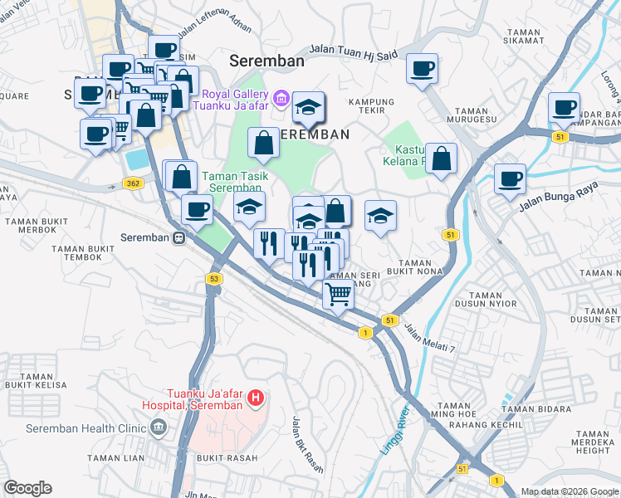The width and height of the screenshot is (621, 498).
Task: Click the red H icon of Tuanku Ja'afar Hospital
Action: tap(257, 398)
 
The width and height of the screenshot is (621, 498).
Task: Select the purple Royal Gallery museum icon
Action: tap(281, 100)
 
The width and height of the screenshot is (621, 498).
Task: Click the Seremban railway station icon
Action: tap(178, 237)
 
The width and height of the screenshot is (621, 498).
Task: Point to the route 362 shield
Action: tap(132, 183)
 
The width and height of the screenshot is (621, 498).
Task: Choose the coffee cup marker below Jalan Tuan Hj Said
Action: tap(423, 69)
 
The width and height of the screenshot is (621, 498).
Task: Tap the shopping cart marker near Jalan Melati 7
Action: tap(338, 293)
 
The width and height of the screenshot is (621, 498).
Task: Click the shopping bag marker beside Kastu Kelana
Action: tap(442, 159)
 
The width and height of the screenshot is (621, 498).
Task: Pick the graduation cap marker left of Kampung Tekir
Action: tap(308, 106)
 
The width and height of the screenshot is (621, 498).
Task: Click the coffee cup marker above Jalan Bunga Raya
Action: tap(510, 178)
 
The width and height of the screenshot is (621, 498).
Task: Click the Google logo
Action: tap(27, 488)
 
